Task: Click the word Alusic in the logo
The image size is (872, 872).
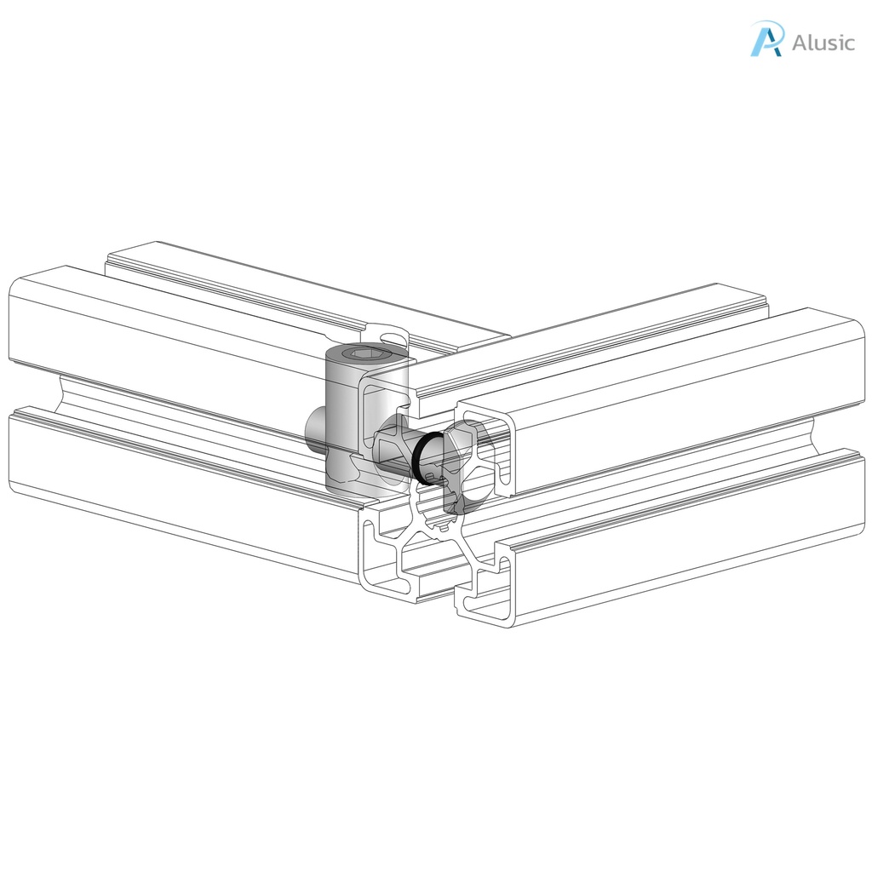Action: click(823, 42)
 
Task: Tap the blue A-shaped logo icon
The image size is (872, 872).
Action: click(766, 39)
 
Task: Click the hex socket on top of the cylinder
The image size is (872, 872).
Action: click(363, 354)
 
